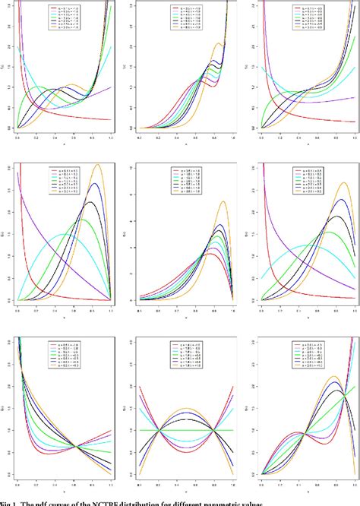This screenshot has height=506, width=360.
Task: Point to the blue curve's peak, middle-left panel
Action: click(94, 184)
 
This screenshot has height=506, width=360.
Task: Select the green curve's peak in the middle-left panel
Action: click(83, 220)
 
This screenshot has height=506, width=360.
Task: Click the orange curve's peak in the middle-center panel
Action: click(223, 201)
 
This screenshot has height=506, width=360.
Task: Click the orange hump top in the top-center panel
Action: click(219, 43)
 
